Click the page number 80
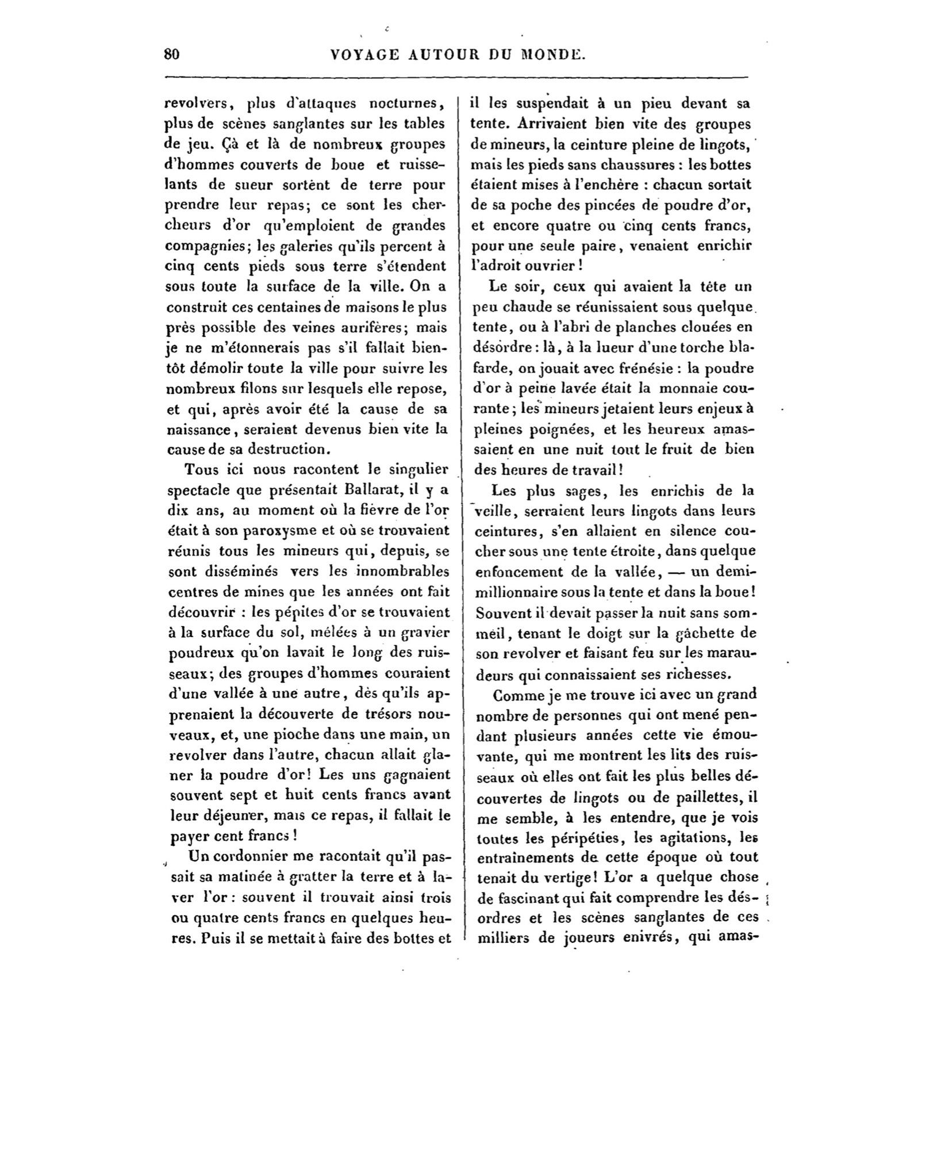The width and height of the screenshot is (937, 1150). point(172,54)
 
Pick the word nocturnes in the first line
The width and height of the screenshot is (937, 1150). point(406,104)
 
